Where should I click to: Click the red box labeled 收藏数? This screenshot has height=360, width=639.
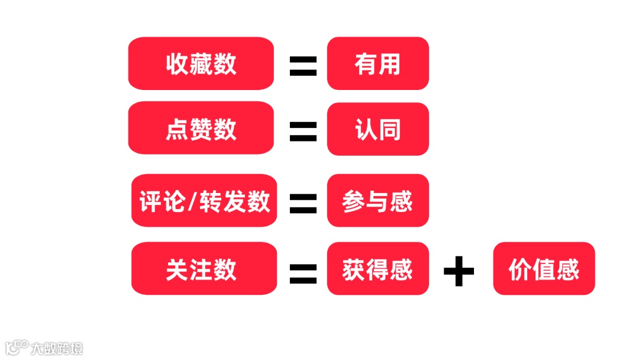(x=201, y=63)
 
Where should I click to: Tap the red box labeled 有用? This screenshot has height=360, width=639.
(x=377, y=63)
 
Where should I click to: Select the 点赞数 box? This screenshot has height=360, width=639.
(x=201, y=128)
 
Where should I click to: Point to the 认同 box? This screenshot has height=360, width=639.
(x=377, y=129)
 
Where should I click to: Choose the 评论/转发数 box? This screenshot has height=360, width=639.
(x=204, y=201)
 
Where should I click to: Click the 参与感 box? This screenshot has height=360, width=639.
(x=377, y=201)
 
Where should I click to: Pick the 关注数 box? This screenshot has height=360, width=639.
(x=204, y=268)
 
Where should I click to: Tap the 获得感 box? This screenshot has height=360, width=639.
(x=377, y=268)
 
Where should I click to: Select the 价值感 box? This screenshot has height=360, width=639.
(x=544, y=268)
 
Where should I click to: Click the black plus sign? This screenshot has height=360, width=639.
(x=459, y=272)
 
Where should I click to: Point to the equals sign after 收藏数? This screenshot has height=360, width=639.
(x=303, y=66)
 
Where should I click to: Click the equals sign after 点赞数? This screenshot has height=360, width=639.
(x=303, y=131)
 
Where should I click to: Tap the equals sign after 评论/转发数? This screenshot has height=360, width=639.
(x=303, y=202)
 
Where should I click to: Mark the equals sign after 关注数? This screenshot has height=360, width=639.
(x=303, y=272)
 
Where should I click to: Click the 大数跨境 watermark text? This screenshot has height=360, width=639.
(x=57, y=348)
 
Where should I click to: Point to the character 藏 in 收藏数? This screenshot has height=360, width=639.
(x=201, y=64)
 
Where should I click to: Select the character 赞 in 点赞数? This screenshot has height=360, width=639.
(x=201, y=129)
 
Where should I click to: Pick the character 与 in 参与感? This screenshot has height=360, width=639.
(x=377, y=201)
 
